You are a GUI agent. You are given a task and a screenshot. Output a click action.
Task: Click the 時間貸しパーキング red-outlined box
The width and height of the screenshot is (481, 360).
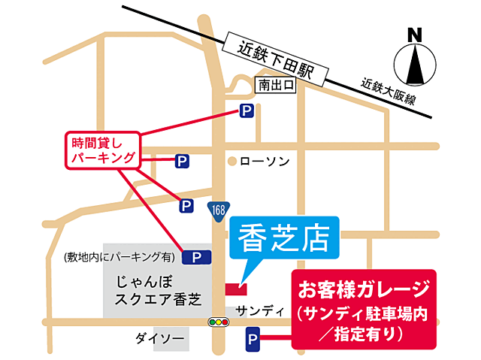pos(101,150)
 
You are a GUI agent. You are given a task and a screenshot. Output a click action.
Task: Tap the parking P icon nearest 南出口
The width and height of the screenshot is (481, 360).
pos(246,111)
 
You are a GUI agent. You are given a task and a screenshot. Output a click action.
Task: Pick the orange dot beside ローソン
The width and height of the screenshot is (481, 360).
pos(233,161)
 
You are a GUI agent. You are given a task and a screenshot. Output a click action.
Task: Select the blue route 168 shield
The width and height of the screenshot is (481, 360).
pos(217,208)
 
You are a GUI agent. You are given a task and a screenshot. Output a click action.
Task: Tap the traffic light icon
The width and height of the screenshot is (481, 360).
pos(219,322)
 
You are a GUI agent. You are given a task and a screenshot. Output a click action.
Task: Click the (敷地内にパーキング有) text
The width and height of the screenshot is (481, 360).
pos(119,257)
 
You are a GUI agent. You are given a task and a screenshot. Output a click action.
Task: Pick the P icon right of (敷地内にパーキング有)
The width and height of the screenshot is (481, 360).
pos(196,257)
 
